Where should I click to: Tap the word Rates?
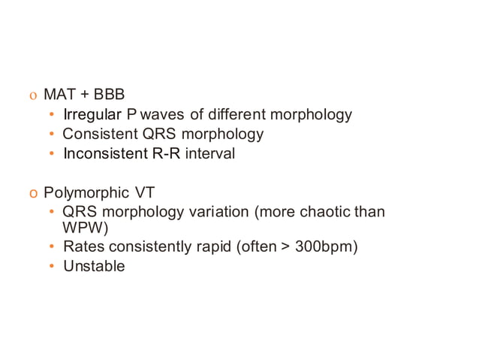82,247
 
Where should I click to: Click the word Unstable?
94,266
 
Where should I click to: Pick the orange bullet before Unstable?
51,266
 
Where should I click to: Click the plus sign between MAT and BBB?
82,95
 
